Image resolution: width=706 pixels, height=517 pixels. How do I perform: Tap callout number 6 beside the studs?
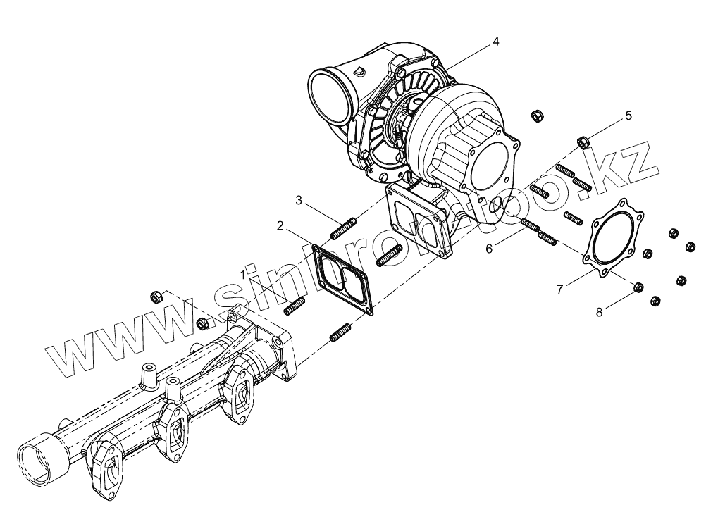488,247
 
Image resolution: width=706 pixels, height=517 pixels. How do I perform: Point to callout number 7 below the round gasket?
559,289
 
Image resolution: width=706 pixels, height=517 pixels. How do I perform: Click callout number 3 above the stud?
299,201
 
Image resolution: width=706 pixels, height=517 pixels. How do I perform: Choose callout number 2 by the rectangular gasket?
280,226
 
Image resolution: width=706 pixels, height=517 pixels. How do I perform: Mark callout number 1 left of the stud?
243,272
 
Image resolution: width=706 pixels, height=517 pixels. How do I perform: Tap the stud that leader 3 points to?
343,230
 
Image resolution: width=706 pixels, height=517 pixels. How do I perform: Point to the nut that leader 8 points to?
638,287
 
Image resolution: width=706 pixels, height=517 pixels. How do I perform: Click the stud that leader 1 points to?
295,307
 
